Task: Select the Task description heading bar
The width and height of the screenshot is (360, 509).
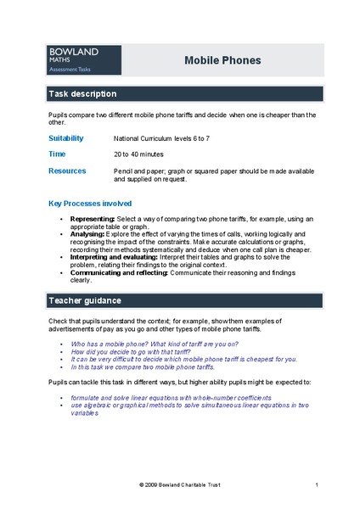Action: point(184,93)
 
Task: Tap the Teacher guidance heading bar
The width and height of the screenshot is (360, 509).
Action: point(184,300)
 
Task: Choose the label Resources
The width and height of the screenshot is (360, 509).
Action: point(67,171)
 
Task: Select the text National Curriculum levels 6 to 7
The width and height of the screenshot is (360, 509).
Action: point(172,137)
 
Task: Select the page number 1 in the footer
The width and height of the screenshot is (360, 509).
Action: point(316,484)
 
